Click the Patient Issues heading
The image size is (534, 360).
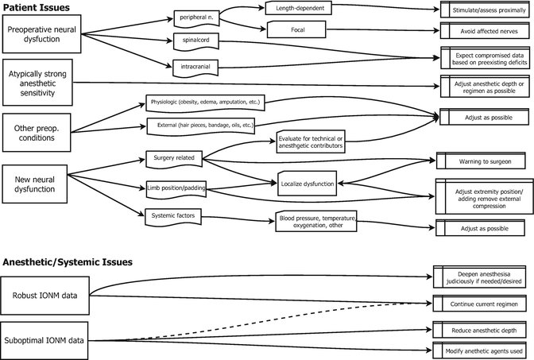pos(36,7)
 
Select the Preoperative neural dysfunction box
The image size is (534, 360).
pos(43,33)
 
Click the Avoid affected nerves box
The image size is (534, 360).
pos(481,32)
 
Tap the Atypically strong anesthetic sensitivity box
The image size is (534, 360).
pos(43,80)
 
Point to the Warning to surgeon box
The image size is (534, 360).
pos(481,161)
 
